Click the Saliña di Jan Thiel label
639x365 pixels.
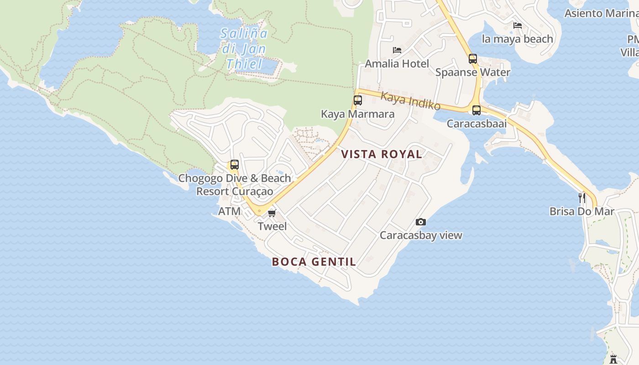tap(244, 48)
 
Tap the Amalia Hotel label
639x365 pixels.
tap(397, 63)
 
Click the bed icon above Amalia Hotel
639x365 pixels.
tap(397, 50)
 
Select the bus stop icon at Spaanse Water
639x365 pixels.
tap(473, 59)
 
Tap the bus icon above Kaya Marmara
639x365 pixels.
tap(358, 100)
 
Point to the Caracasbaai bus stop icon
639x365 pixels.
tap(477, 110)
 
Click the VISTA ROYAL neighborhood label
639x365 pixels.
tap(382, 154)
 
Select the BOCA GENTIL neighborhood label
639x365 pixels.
tap(314, 262)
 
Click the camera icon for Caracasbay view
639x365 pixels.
tap(421, 222)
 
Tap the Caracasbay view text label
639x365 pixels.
tap(421, 235)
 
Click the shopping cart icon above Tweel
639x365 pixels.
tap(272, 213)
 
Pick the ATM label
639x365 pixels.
tap(229, 211)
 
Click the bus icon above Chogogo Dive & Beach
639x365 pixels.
tap(235, 165)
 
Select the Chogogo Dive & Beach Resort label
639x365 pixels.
tap(235, 185)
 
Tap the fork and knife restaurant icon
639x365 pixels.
tap(582, 198)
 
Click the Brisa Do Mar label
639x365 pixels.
tap(582, 211)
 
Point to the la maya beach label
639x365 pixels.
tap(517, 39)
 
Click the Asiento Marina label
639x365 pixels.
tap(601, 13)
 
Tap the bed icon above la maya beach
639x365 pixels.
tap(518, 26)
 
